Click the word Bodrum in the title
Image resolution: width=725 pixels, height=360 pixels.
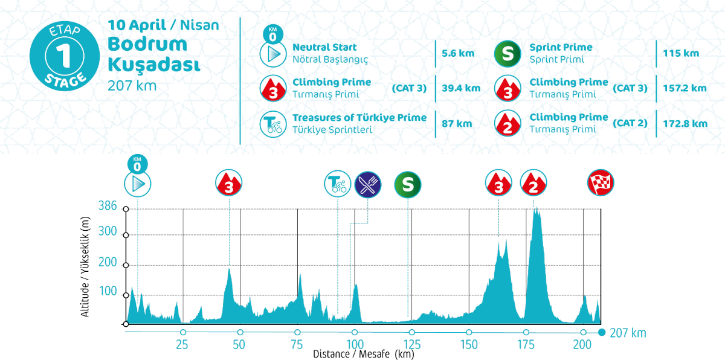[x=139, y=44]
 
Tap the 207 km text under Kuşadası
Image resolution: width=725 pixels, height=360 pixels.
[x=132, y=86]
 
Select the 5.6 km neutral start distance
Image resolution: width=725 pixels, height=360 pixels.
[x=458, y=53]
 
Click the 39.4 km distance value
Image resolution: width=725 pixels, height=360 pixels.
[x=461, y=88]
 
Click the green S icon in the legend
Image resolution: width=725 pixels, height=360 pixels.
[x=507, y=54]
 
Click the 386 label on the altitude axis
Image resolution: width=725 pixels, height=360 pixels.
[x=107, y=206]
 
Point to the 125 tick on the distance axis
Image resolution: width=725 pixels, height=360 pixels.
[x=411, y=344]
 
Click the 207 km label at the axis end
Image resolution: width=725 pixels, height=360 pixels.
[x=628, y=333]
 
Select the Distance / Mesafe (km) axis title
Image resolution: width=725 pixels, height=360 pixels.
[x=363, y=354]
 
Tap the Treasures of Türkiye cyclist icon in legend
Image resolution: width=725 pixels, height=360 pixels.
[x=272, y=123]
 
